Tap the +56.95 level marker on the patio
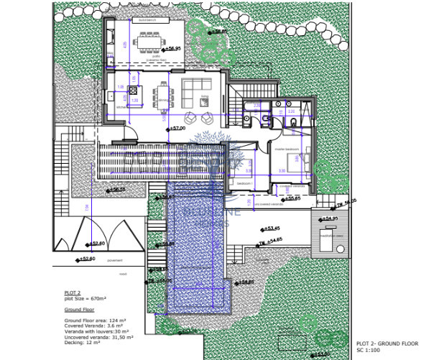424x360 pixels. [x=171, y=50]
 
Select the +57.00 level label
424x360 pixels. [x=178, y=128]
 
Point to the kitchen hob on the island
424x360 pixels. [x=133, y=91]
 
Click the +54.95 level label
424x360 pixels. [x=328, y=218]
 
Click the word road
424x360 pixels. [x=123, y=274]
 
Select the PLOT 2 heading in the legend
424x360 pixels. [x=73, y=293]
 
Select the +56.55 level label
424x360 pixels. [x=116, y=190]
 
